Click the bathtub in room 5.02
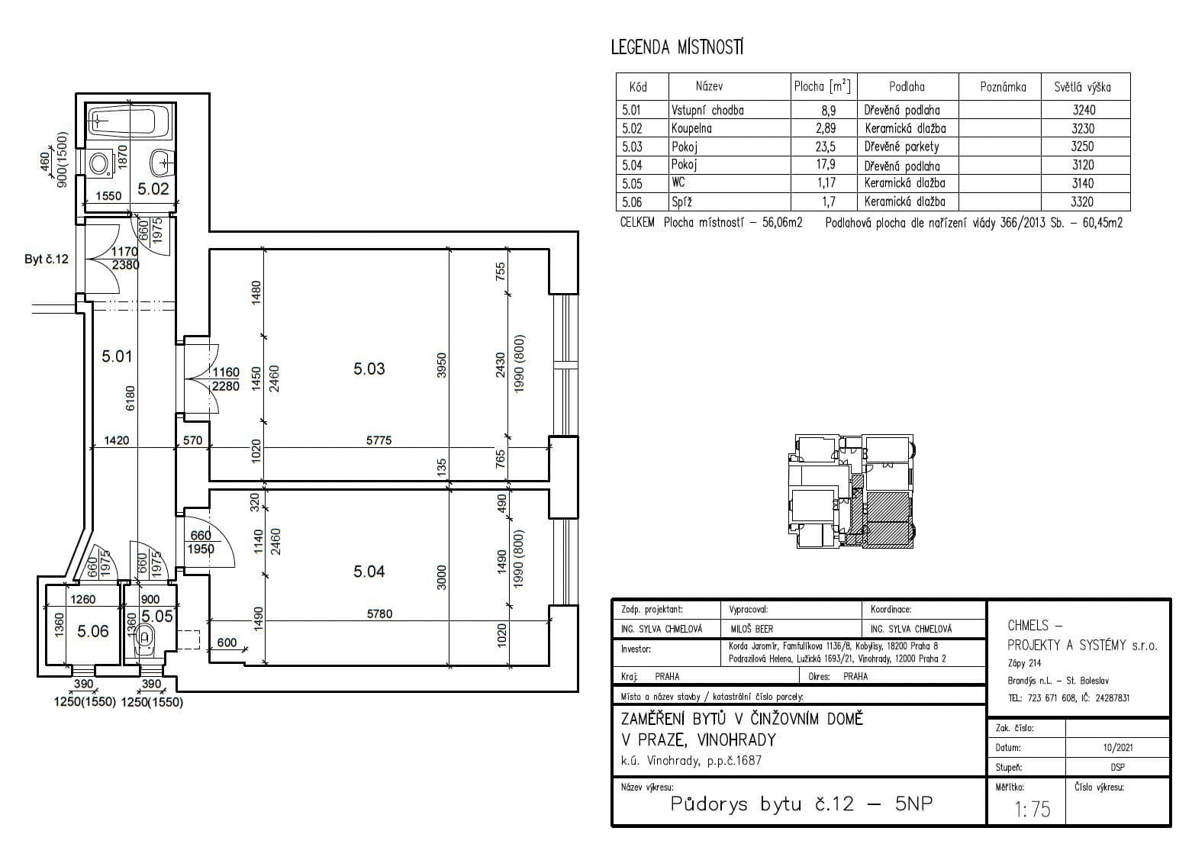129,121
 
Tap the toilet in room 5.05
144,641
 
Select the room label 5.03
369,369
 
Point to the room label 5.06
92,631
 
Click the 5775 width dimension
379,440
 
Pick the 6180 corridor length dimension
130,398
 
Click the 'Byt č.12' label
47,259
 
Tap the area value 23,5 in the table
826,147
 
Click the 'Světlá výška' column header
1082,87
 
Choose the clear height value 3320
1082,201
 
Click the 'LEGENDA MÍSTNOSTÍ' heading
677,47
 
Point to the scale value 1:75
1033,809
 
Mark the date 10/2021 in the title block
1118,747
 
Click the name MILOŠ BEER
752,629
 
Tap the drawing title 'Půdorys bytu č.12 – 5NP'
801,804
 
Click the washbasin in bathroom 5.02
163,163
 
